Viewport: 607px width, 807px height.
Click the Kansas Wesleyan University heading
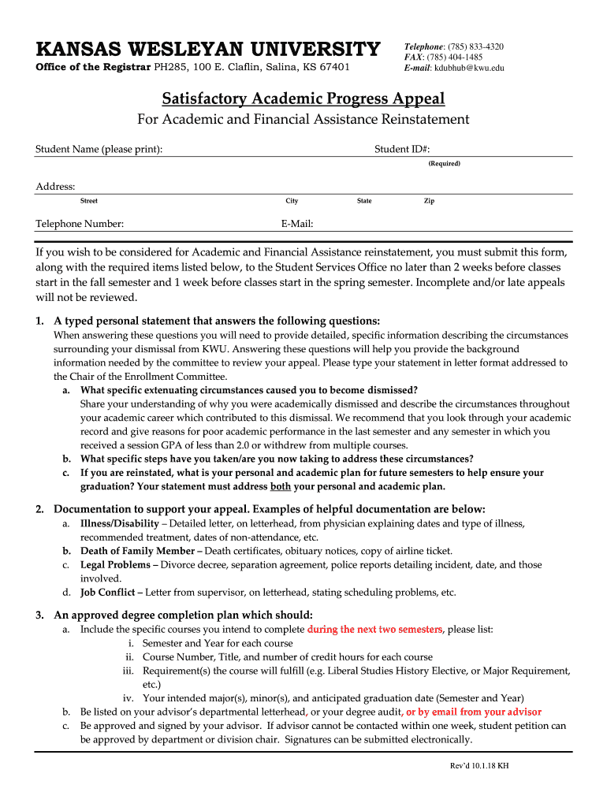[207, 50]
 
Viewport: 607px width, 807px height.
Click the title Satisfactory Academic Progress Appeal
[303, 99]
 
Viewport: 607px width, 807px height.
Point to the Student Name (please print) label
[99, 150]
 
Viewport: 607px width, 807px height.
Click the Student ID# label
[402, 150]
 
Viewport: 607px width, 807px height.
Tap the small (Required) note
[444, 163]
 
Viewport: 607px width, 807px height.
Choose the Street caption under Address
[89, 201]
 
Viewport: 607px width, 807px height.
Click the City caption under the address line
[292, 201]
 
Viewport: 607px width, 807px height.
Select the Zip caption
[429, 201]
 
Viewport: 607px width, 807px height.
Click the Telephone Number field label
[80, 224]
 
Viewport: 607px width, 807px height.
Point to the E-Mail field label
[297, 224]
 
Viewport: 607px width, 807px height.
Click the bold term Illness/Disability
[119, 523]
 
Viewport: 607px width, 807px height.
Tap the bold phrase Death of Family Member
[138, 551]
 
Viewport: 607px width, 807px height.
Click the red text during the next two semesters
[375, 630]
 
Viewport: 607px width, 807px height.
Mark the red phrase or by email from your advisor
[474, 712]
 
